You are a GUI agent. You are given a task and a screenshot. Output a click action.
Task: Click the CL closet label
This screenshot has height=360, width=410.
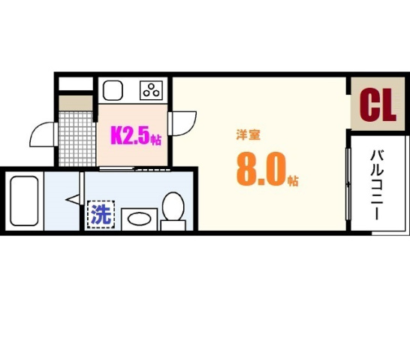(x=378, y=106)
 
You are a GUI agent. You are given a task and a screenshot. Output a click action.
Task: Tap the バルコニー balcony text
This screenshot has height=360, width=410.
(x=376, y=184)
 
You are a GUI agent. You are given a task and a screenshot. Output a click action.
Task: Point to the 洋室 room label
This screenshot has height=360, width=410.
(x=248, y=136)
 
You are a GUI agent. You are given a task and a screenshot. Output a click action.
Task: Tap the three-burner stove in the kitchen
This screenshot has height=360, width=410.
(x=152, y=91)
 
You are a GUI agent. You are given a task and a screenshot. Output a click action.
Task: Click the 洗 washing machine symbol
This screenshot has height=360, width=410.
(x=101, y=215)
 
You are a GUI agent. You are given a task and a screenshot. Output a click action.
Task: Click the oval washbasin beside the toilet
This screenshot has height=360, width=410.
(x=138, y=219)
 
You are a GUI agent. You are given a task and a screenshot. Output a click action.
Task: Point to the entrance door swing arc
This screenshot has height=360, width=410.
(x=41, y=135)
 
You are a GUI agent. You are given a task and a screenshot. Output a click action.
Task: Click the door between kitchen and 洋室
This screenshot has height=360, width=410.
(x=182, y=123)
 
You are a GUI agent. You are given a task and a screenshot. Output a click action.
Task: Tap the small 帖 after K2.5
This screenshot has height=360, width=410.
(x=156, y=139)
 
